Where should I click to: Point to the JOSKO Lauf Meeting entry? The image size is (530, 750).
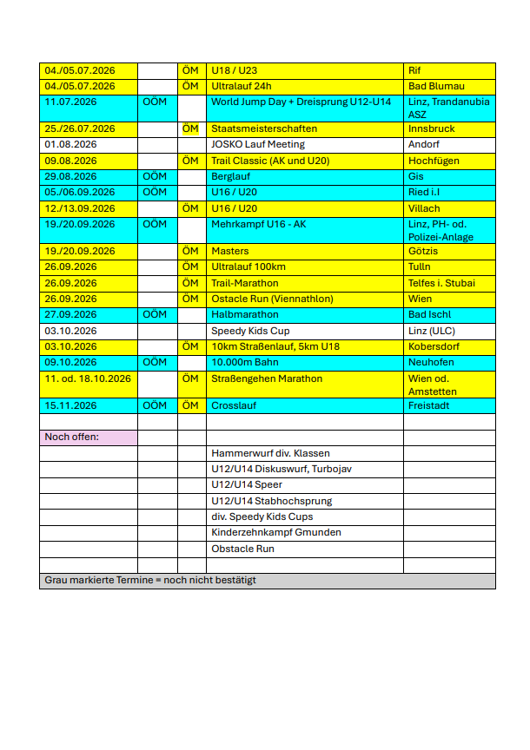258,144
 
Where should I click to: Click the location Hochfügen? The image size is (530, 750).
434,161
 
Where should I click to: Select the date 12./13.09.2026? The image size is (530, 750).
78,208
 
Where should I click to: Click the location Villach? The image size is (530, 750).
424,208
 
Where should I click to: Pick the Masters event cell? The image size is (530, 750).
230,251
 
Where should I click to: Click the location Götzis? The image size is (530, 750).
423,251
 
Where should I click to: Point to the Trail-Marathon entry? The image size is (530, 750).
245,283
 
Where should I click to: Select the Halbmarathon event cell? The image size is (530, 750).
245,314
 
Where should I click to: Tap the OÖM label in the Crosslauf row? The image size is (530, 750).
155,405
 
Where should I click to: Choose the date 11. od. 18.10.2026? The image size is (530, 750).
88,378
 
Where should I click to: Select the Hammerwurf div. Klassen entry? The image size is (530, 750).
270,453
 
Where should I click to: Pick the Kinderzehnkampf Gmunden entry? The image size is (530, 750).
276,532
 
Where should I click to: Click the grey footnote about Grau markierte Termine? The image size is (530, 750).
150,580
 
